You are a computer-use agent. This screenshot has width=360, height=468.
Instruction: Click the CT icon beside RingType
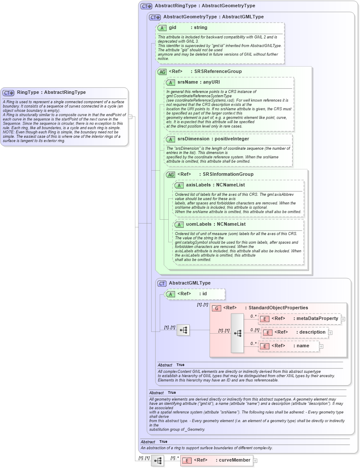pyautogui.click(x=9, y=93)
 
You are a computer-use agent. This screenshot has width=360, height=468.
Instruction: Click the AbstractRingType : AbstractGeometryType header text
pyautogui.click(x=205, y=6)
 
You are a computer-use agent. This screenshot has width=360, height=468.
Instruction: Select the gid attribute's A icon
pyautogui.click(x=162, y=28)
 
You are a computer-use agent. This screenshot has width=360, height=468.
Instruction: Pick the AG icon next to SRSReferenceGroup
pyautogui.click(x=162, y=72)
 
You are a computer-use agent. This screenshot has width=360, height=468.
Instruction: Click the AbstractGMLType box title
pyautogui.click(x=190, y=283)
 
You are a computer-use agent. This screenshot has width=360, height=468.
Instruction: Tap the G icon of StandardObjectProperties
pyautogui.click(x=217, y=308)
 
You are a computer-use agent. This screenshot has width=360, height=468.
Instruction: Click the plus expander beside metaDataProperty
pyautogui.click(x=343, y=319)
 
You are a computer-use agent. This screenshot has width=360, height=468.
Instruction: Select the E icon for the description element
pyautogui.click(x=267, y=332)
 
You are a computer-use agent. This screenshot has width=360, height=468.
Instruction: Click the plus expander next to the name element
pyautogui.click(x=321, y=346)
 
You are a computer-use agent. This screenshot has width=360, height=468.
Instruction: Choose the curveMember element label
pyautogui.click(x=222, y=460)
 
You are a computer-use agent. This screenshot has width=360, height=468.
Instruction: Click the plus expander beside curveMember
pyautogui.click(x=255, y=460)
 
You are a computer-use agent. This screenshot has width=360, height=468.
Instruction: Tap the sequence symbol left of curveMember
pyautogui.click(x=158, y=460)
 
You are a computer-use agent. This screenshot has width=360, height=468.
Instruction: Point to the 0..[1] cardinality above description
pyautogui.click(x=255, y=330)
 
